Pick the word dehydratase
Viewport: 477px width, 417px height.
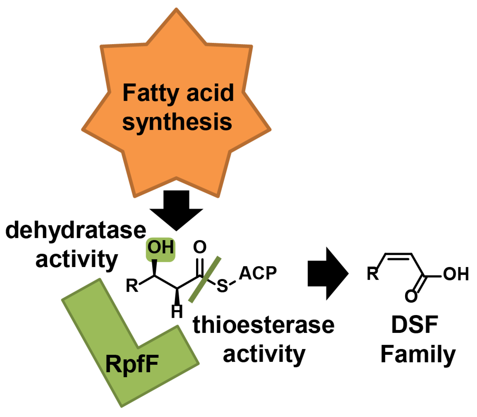click(76, 230)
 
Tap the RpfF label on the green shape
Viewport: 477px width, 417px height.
click(132, 364)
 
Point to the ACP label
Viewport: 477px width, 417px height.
click(258, 273)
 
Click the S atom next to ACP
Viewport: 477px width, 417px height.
click(222, 286)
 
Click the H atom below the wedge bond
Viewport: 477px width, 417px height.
click(177, 311)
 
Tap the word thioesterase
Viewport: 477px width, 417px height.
click(263, 325)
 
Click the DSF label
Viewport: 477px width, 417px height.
click(414, 325)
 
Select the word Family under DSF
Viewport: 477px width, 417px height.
click(418, 354)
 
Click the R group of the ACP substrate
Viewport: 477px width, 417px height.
click(132, 285)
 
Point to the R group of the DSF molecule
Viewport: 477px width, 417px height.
click(373, 274)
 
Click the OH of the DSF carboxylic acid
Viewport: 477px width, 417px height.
click(456, 274)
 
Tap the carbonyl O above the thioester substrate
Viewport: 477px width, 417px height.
click(200, 247)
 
